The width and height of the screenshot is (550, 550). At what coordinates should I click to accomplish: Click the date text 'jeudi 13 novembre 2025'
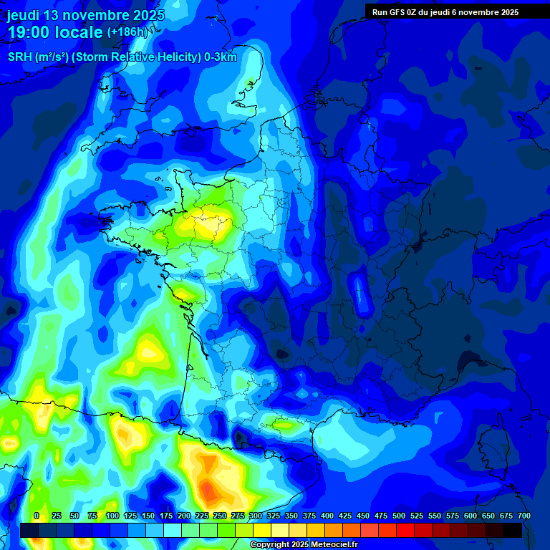pyautogui.click(x=85, y=15)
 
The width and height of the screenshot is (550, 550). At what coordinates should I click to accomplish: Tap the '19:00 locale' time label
pyautogui.click(x=54, y=32)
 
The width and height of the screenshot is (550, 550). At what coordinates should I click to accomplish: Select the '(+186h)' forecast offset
pyautogui.click(x=127, y=32)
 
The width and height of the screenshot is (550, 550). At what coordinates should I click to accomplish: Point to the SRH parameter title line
pyautogui.click(x=122, y=57)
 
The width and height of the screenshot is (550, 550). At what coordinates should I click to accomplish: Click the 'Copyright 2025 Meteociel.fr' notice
pyautogui.click(x=304, y=545)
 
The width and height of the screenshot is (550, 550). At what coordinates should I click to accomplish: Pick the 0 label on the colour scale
pyautogui.click(x=37, y=516)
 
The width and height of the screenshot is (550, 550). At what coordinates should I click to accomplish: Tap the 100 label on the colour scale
pyautogui.click(x=112, y=516)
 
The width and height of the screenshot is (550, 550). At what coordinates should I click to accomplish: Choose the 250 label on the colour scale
pyautogui.click(x=220, y=516)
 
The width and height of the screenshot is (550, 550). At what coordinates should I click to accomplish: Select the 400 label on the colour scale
pyautogui.click(x=327, y=516)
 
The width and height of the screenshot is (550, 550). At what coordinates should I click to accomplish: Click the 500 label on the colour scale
pyautogui.click(x=399, y=516)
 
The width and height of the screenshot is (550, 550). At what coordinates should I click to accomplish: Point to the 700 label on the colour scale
pyautogui.click(x=524, y=516)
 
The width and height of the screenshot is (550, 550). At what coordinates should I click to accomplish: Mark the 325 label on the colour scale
pyautogui.click(x=274, y=516)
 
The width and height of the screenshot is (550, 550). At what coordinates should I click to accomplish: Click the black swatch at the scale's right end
pyautogui.click(x=513, y=530)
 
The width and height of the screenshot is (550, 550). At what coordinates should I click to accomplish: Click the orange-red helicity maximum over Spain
pyautogui.click(x=208, y=491)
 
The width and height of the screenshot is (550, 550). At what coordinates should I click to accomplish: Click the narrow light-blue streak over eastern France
pyautogui.click(x=359, y=294)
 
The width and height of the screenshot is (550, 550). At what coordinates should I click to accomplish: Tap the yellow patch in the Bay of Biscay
pyautogui.click(x=149, y=350)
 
